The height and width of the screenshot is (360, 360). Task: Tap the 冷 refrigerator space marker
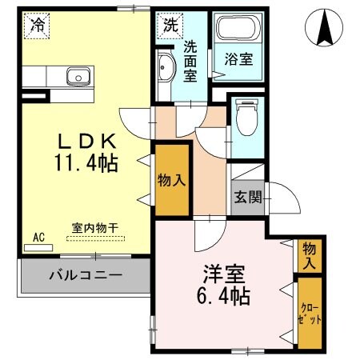click(37, 25)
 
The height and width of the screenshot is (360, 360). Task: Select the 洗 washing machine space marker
click(170, 25)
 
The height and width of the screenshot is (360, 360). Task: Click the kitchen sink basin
click(78, 77)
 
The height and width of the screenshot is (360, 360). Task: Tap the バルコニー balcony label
click(85, 275)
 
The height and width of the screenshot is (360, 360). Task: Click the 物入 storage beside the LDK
click(172, 180)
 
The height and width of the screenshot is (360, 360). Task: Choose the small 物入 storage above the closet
click(309, 255)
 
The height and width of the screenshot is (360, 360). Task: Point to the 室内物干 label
click(95, 227)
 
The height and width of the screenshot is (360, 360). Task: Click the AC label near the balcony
click(38, 237)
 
